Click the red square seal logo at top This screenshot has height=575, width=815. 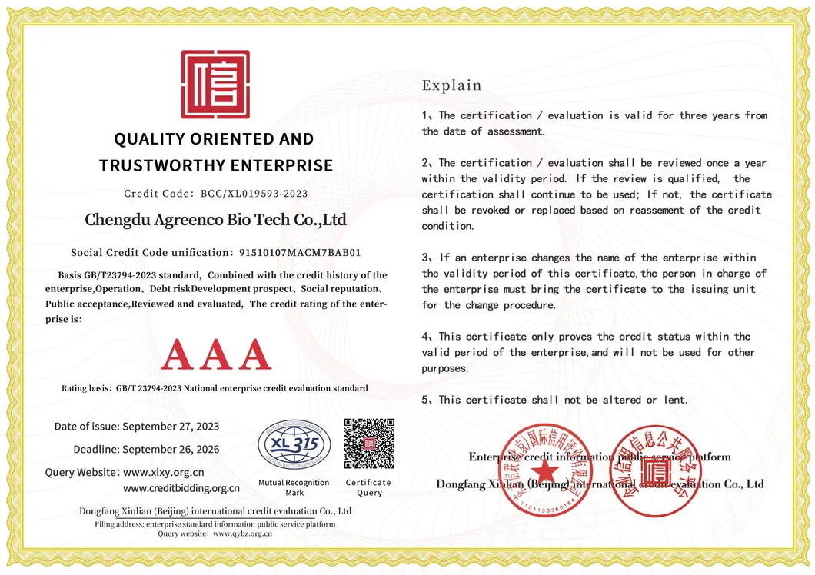click(x=215, y=85)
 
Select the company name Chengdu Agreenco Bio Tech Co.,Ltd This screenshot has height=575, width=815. click(x=215, y=220)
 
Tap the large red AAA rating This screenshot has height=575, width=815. click(x=216, y=354)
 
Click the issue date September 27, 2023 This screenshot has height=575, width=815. click(x=171, y=427)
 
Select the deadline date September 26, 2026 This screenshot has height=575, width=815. click(x=171, y=449)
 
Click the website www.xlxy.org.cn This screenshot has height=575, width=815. click(x=163, y=472)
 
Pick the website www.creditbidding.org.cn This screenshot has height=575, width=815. click(x=181, y=488)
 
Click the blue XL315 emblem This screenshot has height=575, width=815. click(x=294, y=444)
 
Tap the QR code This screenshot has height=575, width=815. click(x=369, y=444)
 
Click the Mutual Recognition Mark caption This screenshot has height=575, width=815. click(x=294, y=487)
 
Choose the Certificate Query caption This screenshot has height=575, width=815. click(x=369, y=487)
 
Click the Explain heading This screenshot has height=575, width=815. click(x=451, y=85)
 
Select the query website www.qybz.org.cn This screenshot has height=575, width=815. click(x=243, y=533)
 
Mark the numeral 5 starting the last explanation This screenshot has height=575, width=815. click(x=425, y=400)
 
